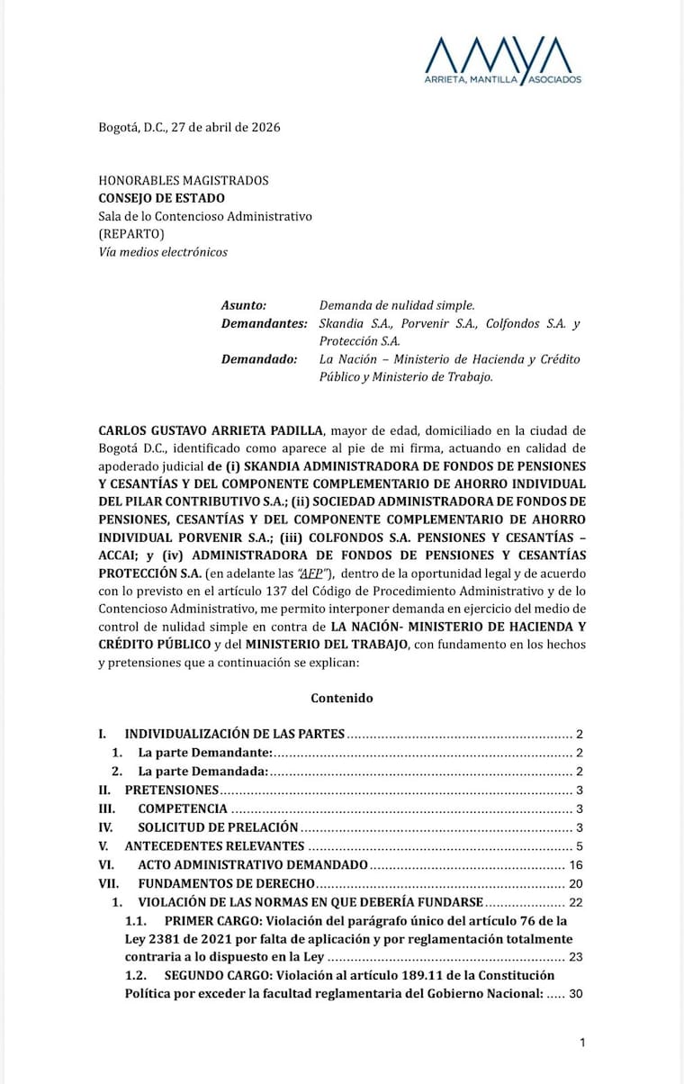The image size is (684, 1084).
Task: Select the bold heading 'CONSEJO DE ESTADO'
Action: point(162,198)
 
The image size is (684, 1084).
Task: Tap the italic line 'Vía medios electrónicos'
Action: point(163,252)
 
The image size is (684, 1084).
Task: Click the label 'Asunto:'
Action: point(244,306)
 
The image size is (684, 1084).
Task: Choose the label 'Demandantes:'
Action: point(264,324)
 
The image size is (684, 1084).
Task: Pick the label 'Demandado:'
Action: point(259,359)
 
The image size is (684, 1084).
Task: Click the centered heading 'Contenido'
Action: point(342,698)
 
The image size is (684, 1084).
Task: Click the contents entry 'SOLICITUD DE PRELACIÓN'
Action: point(217,827)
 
